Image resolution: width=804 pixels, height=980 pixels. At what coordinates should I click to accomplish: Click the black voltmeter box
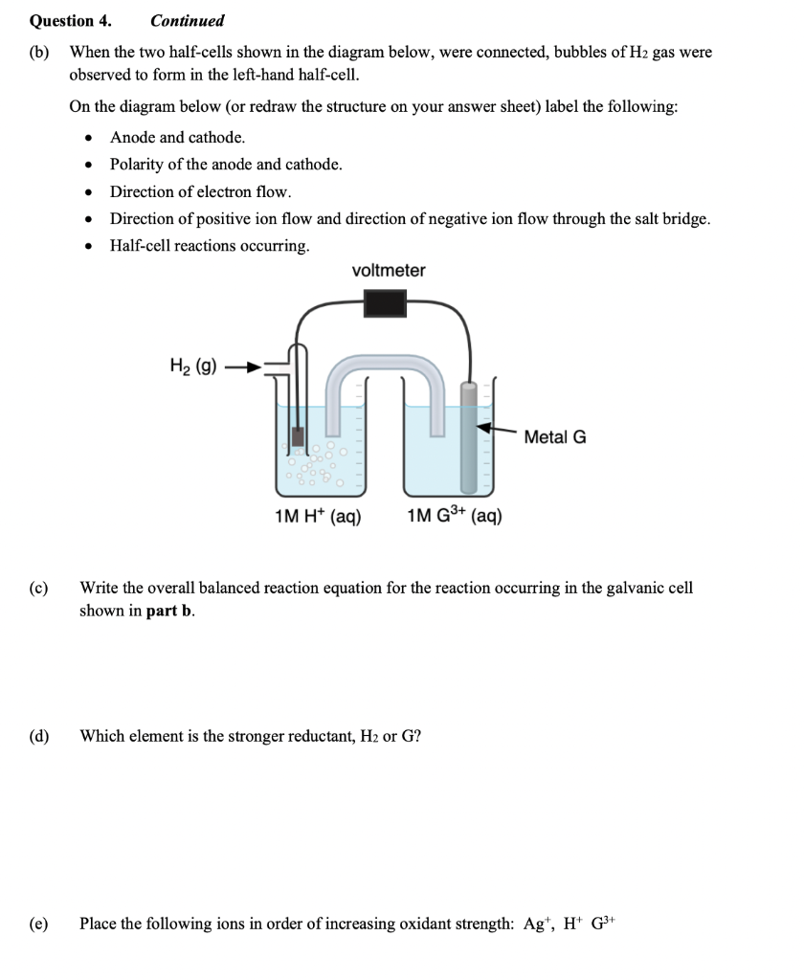pyautogui.click(x=386, y=304)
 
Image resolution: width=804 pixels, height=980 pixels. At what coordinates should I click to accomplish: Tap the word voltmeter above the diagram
pyautogui.click(x=389, y=271)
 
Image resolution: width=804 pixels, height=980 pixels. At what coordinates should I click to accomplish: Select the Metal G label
pyautogui.click(x=555, y=437)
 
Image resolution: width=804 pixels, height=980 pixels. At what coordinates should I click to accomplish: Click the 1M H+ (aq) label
pyautogui.click(x=317, y=518)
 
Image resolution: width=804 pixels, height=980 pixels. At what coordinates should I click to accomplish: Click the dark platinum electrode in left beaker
pyautogui.click(x=299, y=437)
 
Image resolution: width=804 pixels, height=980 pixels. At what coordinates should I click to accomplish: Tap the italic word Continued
pyautogui.click(x=187, y=20)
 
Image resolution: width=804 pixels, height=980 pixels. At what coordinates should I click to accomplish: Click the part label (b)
pyautogui.click(x=39, y=53)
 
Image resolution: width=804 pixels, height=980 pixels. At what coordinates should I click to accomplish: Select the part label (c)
pyautogui.click(x=39, y=587)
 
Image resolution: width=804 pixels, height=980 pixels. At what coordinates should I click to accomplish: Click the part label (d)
pyautogui.click(x=39, y=736)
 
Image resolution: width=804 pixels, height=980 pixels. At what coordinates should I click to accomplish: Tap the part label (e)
pyautogui.click(x=39, y=924)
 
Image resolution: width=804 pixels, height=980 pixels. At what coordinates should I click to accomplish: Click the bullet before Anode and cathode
pyautogui.click(x=90, y=138)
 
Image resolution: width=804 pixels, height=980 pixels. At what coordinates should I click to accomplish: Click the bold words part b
pyautogui.click(x=170, y=612)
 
